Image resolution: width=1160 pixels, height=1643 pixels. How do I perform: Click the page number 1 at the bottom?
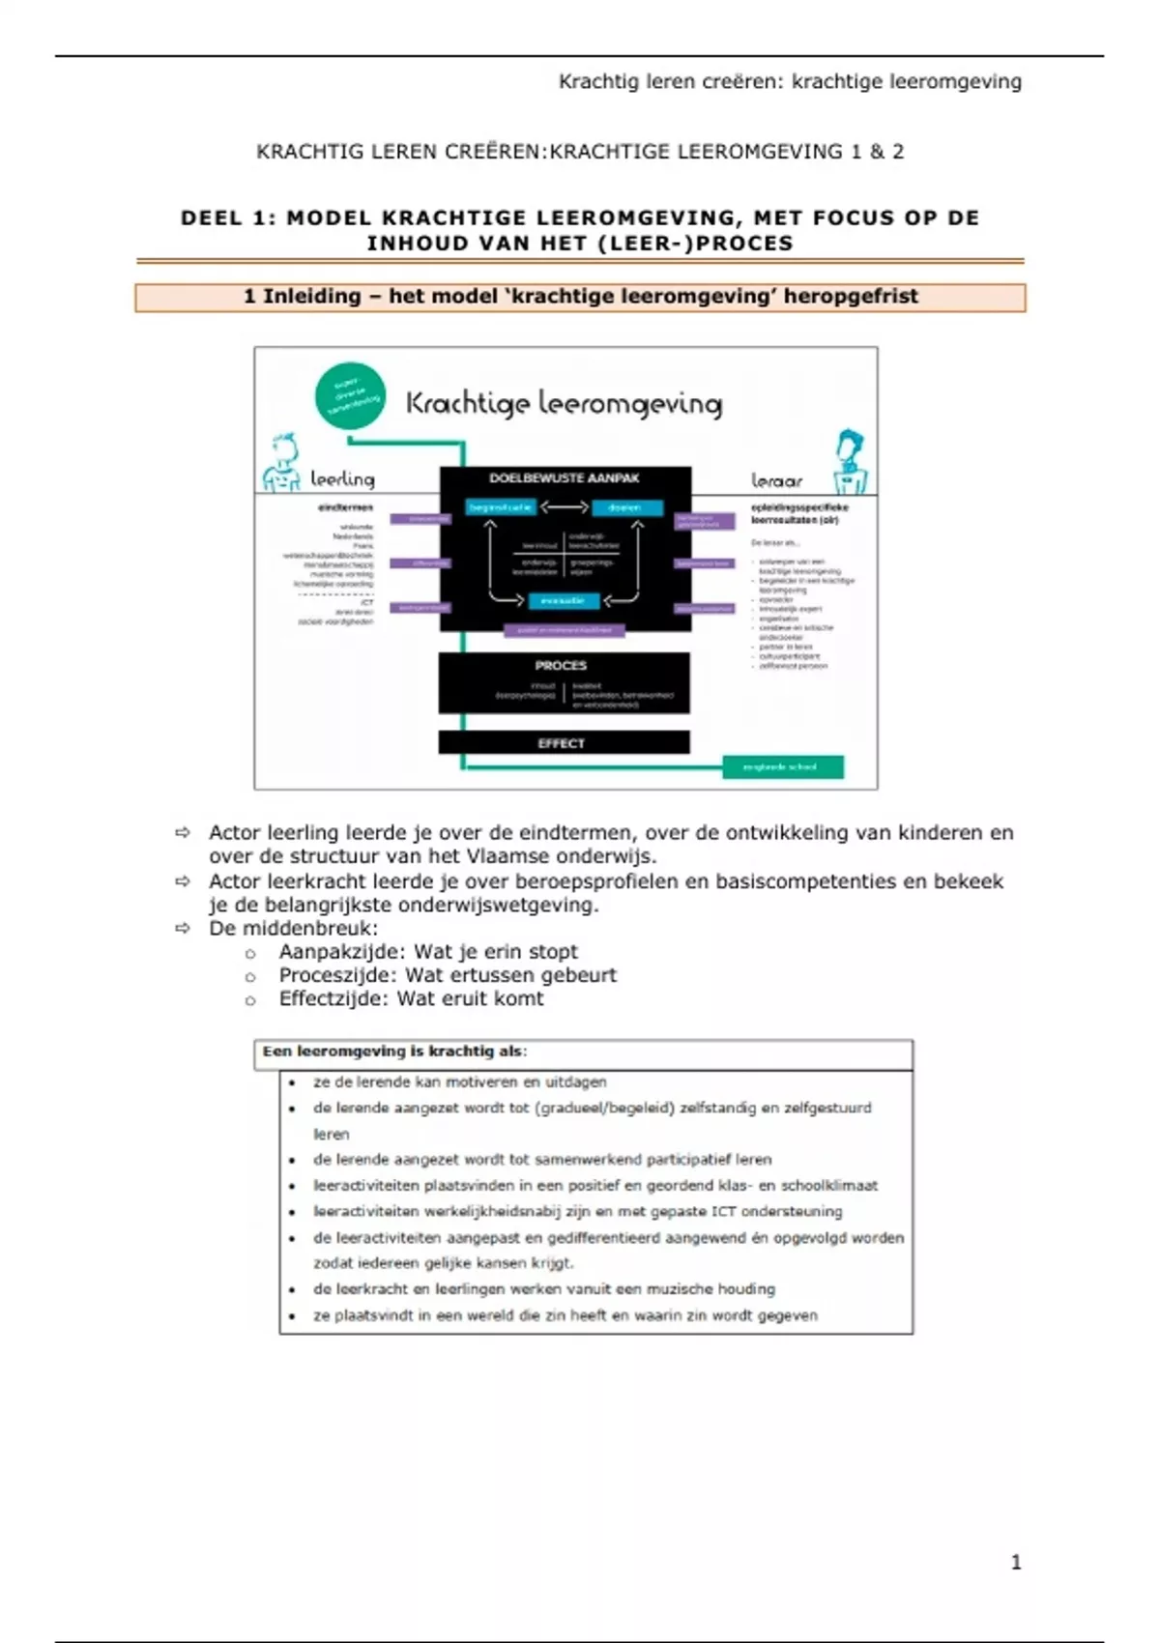point(1015,1563)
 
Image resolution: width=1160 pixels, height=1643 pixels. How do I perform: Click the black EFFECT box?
point(564,742)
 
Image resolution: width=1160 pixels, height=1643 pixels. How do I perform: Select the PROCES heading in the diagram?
point(561,666)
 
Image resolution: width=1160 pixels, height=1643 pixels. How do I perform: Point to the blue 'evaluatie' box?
point(563,601)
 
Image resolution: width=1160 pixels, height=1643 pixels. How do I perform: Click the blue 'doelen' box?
point(626,507)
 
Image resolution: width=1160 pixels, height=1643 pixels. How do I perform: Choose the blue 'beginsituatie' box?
point(501,507)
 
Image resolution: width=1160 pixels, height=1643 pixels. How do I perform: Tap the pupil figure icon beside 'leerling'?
point(282,464)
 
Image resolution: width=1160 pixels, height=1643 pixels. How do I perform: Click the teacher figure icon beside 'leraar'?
point(850,462)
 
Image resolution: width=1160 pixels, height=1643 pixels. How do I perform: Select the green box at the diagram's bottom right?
point(783,767)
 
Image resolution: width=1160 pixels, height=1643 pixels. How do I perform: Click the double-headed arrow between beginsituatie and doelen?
point(564,507)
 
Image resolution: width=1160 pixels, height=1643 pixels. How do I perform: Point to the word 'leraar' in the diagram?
point(776,480)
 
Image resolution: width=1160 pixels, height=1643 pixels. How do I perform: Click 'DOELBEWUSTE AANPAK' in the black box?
point(564,478)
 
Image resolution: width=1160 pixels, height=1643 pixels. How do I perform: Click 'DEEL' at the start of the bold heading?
point(212,218)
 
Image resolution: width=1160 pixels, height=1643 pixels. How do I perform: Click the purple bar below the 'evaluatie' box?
point(564,630)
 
